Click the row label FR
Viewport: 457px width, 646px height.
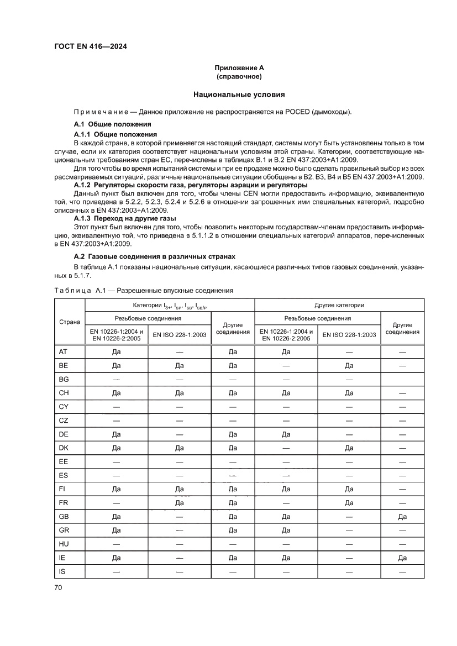(63, 503)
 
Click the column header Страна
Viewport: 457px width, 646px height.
(70, 322)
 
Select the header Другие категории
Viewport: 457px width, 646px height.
(339, 305)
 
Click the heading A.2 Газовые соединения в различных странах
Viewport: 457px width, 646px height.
(155, 256)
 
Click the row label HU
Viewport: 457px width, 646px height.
(64, 544)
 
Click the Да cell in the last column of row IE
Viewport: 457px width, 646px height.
(402, 558)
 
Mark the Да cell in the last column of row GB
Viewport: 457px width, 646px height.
(402, 517)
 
